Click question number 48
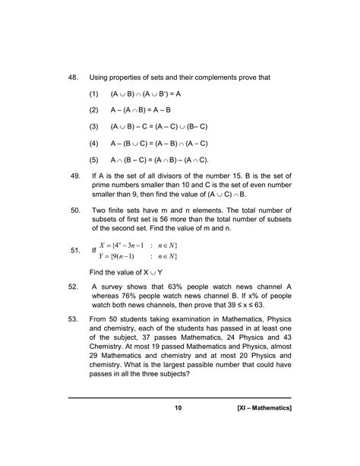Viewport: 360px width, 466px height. pyautogui.click(x=74, y=78)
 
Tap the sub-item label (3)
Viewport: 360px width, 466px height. pyautogui.click(x=94, y=126)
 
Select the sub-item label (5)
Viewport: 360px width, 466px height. pyautogui.click(x=94, y=160)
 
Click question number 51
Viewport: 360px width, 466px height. pyautogui.click(x=74, y=249)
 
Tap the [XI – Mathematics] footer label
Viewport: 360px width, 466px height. pyautogui.click(x=264, y=430)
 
